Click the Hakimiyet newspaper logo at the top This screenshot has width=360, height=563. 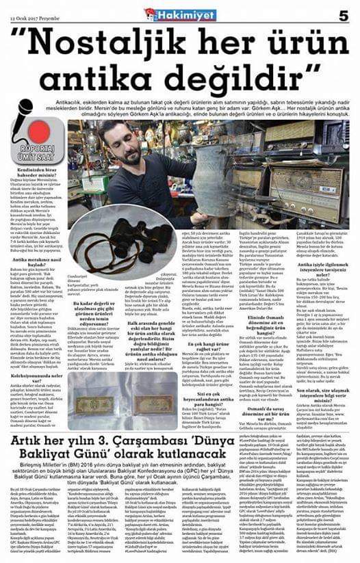point(179,14)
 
